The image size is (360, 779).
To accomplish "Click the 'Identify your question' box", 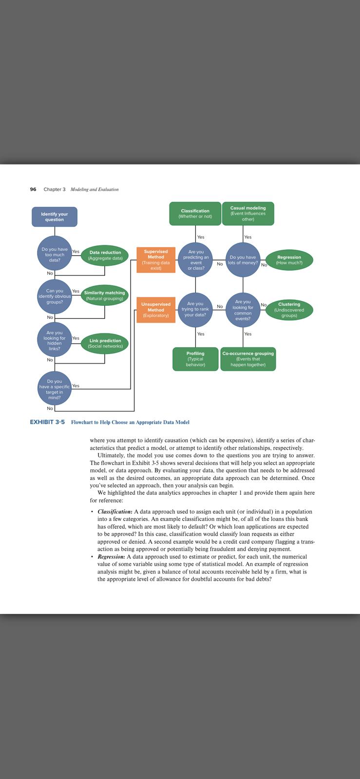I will click(55, 217).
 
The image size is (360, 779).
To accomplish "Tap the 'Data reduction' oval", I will click(105, 255).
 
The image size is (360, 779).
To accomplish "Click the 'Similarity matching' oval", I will click(104, 296).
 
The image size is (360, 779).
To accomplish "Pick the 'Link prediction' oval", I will click(105, 343).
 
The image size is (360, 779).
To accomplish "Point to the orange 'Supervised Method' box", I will click(156, 260).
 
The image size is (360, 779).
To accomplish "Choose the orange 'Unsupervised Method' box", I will click(156, 310).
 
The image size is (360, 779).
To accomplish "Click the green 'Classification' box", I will click(195, 214).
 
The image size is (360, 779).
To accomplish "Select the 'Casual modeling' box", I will click(248, 214).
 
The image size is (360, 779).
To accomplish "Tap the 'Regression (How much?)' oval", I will click(289, 260).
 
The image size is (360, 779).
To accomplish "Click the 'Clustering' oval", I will click(289, 310).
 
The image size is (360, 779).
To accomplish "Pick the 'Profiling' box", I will click(195, 359).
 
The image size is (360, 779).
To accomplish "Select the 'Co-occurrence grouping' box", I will click(248, 359).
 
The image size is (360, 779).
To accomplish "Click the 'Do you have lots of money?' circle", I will click(243, 260).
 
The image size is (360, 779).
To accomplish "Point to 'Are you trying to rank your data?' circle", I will click(195, 309).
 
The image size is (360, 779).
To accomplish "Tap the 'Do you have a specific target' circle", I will click(55, 389).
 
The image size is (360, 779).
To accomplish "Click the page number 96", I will click(33, 189).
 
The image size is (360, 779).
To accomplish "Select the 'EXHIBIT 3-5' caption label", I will click(47, 422).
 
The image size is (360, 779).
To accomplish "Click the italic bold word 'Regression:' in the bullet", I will click(111, 556).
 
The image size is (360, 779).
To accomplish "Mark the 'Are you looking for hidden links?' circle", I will click(55, 340).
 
